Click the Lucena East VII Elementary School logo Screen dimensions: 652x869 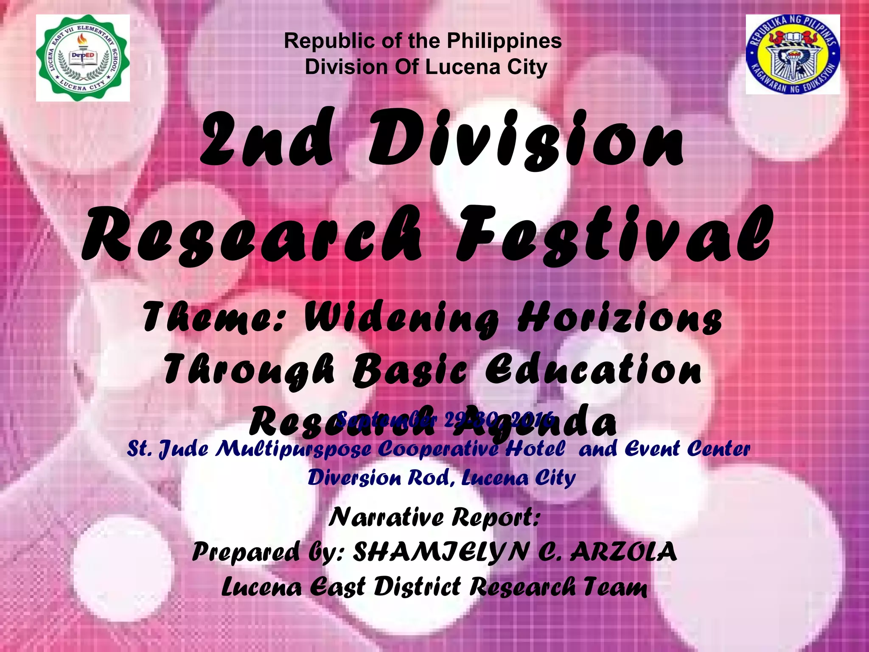83,58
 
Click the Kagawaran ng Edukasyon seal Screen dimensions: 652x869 793,54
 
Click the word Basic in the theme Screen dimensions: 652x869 409,370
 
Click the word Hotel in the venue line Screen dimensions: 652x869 535,448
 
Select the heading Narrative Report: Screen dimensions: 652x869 434,517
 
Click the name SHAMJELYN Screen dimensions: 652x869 441,552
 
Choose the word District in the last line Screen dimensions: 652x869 417,587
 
